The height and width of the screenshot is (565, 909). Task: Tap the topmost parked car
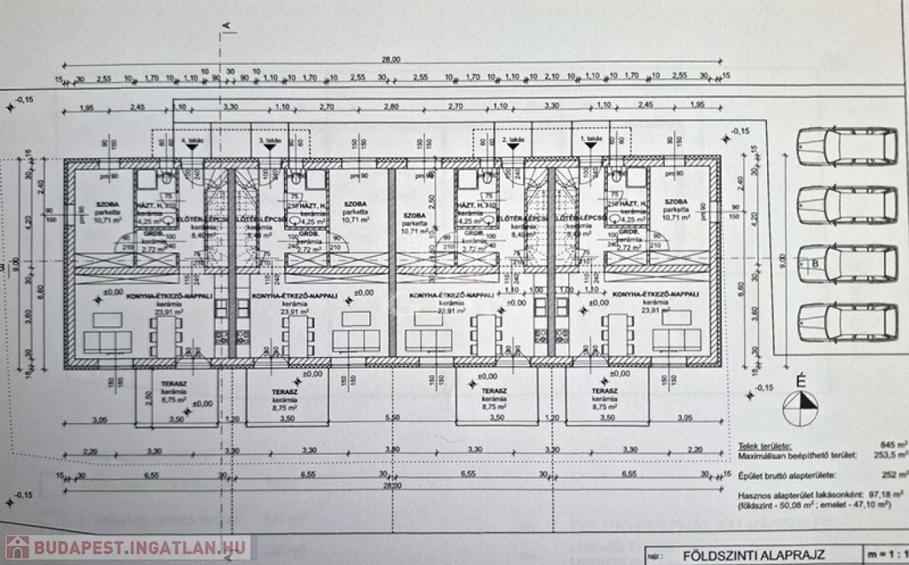coord(846,147)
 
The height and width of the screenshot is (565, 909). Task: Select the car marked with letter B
coord(846,264)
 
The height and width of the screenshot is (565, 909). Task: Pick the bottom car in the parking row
coord(846,322)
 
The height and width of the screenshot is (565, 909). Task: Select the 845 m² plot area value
coord(890,443)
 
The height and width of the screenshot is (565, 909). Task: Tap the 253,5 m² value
coord(888,454)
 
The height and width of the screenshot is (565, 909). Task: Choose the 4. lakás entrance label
coord(192,140)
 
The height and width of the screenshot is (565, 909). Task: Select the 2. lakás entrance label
coord(516,140)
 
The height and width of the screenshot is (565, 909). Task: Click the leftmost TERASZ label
coord(173,384)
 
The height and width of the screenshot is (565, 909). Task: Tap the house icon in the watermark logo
coord(16,547)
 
